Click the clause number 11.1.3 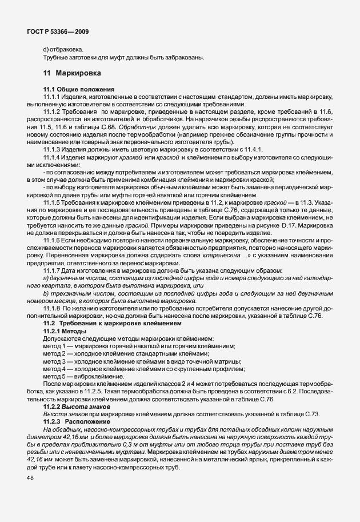[x=53, y=149]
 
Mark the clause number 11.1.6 [x=53, y=242]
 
